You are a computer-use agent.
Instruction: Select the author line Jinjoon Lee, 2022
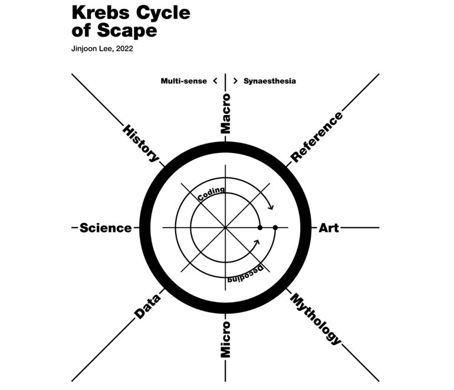[101, 50]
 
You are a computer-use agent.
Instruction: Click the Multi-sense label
[183, 81]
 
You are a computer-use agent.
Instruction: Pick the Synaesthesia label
[269, 81]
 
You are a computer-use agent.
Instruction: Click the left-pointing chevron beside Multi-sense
[216, 80]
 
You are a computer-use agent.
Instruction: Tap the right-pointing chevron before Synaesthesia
[235, 80]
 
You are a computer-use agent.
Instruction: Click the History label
[141, 143]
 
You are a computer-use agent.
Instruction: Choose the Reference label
[317, 137]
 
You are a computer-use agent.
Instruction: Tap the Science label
[106, 228]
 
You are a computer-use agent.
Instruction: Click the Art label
[329, 228]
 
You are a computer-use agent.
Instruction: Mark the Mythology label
[316, 319]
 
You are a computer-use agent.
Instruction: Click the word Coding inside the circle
[210, 194]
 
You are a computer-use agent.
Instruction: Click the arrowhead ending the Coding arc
[271, 207]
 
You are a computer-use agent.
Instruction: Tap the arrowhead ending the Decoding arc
[257, 241]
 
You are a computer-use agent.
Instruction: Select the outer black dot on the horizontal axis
[275, 228]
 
